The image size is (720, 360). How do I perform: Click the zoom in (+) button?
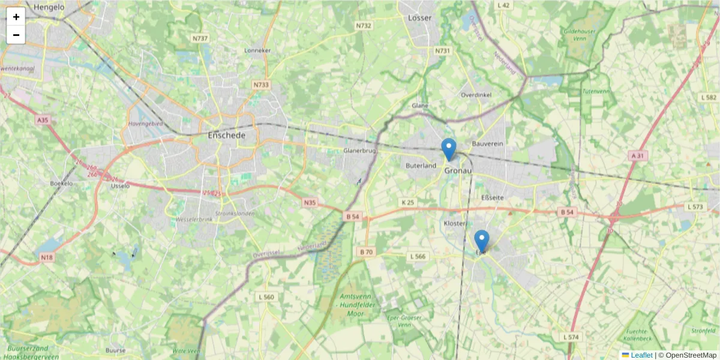(16, 17)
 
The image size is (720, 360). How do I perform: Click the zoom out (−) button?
(16, 35)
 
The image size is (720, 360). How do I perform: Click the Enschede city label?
(226, 136)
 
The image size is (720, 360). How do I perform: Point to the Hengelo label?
(49, 7)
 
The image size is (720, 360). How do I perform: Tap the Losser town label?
(419, 18)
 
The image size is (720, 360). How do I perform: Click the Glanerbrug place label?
(360, 151)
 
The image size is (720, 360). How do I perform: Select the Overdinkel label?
(476, 95)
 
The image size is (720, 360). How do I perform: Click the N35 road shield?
(310, 203)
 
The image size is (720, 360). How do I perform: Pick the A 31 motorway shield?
(637, 155)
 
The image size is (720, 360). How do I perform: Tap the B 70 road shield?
(365, 251)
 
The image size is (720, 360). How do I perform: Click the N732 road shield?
(364, 26)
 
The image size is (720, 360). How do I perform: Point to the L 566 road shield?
(418, 256)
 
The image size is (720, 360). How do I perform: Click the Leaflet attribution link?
(641, 355)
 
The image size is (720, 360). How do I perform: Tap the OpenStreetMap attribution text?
(691, 355)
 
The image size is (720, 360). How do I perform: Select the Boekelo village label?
(61, 183)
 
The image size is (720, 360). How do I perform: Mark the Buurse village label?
(115, 350)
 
